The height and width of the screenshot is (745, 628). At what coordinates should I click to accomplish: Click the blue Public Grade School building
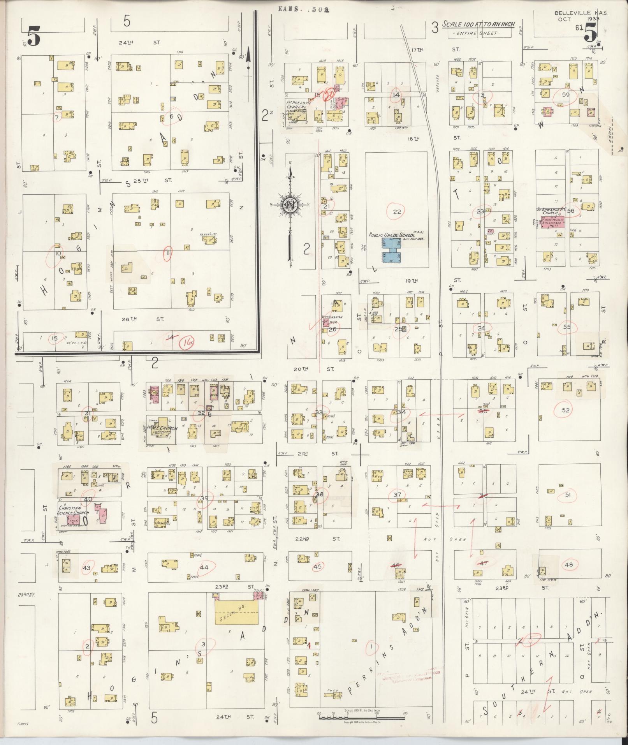click(392, 251)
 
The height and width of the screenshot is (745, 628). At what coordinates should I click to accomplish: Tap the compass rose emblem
click(290, 205)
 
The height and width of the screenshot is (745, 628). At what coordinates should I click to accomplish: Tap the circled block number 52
click(565, 410)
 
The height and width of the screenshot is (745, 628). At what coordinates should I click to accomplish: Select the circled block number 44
click(204, 567)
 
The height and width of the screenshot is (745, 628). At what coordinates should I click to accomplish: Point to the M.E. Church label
click(162, 429)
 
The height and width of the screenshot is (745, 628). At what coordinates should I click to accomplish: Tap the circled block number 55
click(566, 327)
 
